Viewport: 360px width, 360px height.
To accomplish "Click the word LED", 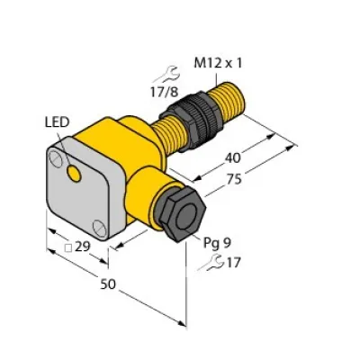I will tap(57, 121).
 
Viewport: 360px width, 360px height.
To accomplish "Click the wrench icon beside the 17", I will tap(211, 264).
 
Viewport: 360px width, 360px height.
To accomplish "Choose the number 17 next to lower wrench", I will tap(234, 264).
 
